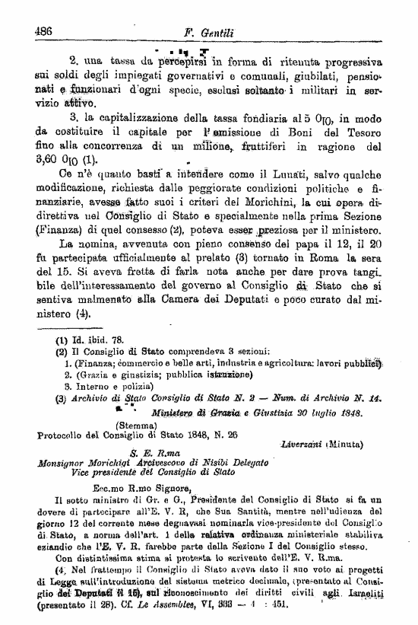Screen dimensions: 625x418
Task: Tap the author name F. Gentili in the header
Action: tap(210, 33)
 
